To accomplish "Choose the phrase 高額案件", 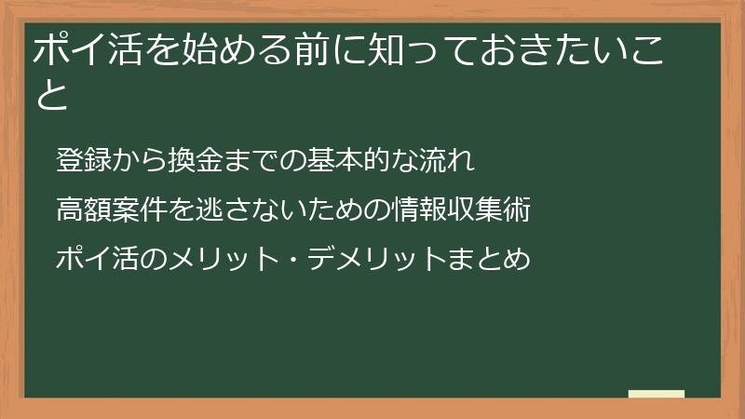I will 111,209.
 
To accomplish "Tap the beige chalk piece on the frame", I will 657,394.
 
